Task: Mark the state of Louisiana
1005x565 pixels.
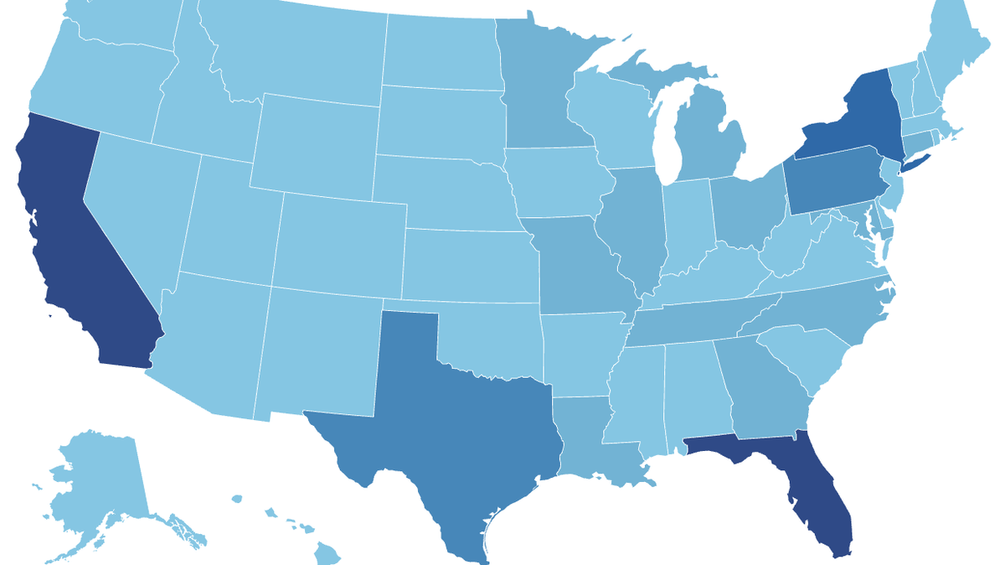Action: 590,444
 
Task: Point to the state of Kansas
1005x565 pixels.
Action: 469,264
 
